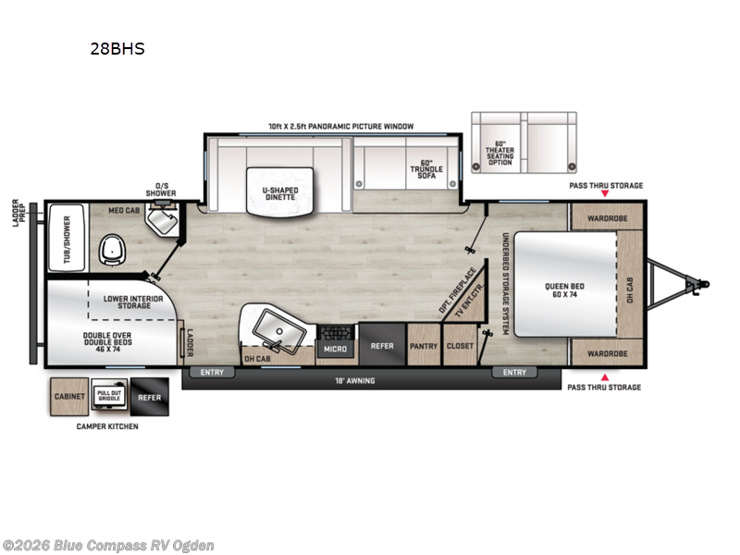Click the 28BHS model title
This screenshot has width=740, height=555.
point(117,49)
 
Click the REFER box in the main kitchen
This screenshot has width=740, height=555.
point(381,346)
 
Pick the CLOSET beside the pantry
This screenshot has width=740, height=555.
point(460,346)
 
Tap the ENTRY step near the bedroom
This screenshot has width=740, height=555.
point(514,372)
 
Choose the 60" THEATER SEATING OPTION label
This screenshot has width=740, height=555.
point(500,151)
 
